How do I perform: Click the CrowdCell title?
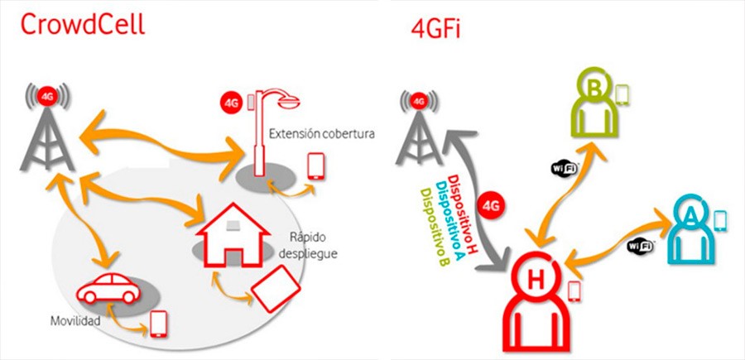83,24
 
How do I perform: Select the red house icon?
233,234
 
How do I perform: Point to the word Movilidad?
75,320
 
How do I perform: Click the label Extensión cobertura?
322,134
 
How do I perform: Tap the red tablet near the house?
276,289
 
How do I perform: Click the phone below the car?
159,324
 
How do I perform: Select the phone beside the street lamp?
315,166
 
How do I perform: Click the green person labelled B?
594,108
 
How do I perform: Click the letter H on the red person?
536,281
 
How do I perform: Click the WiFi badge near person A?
640,246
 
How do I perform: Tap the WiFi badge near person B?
564,168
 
